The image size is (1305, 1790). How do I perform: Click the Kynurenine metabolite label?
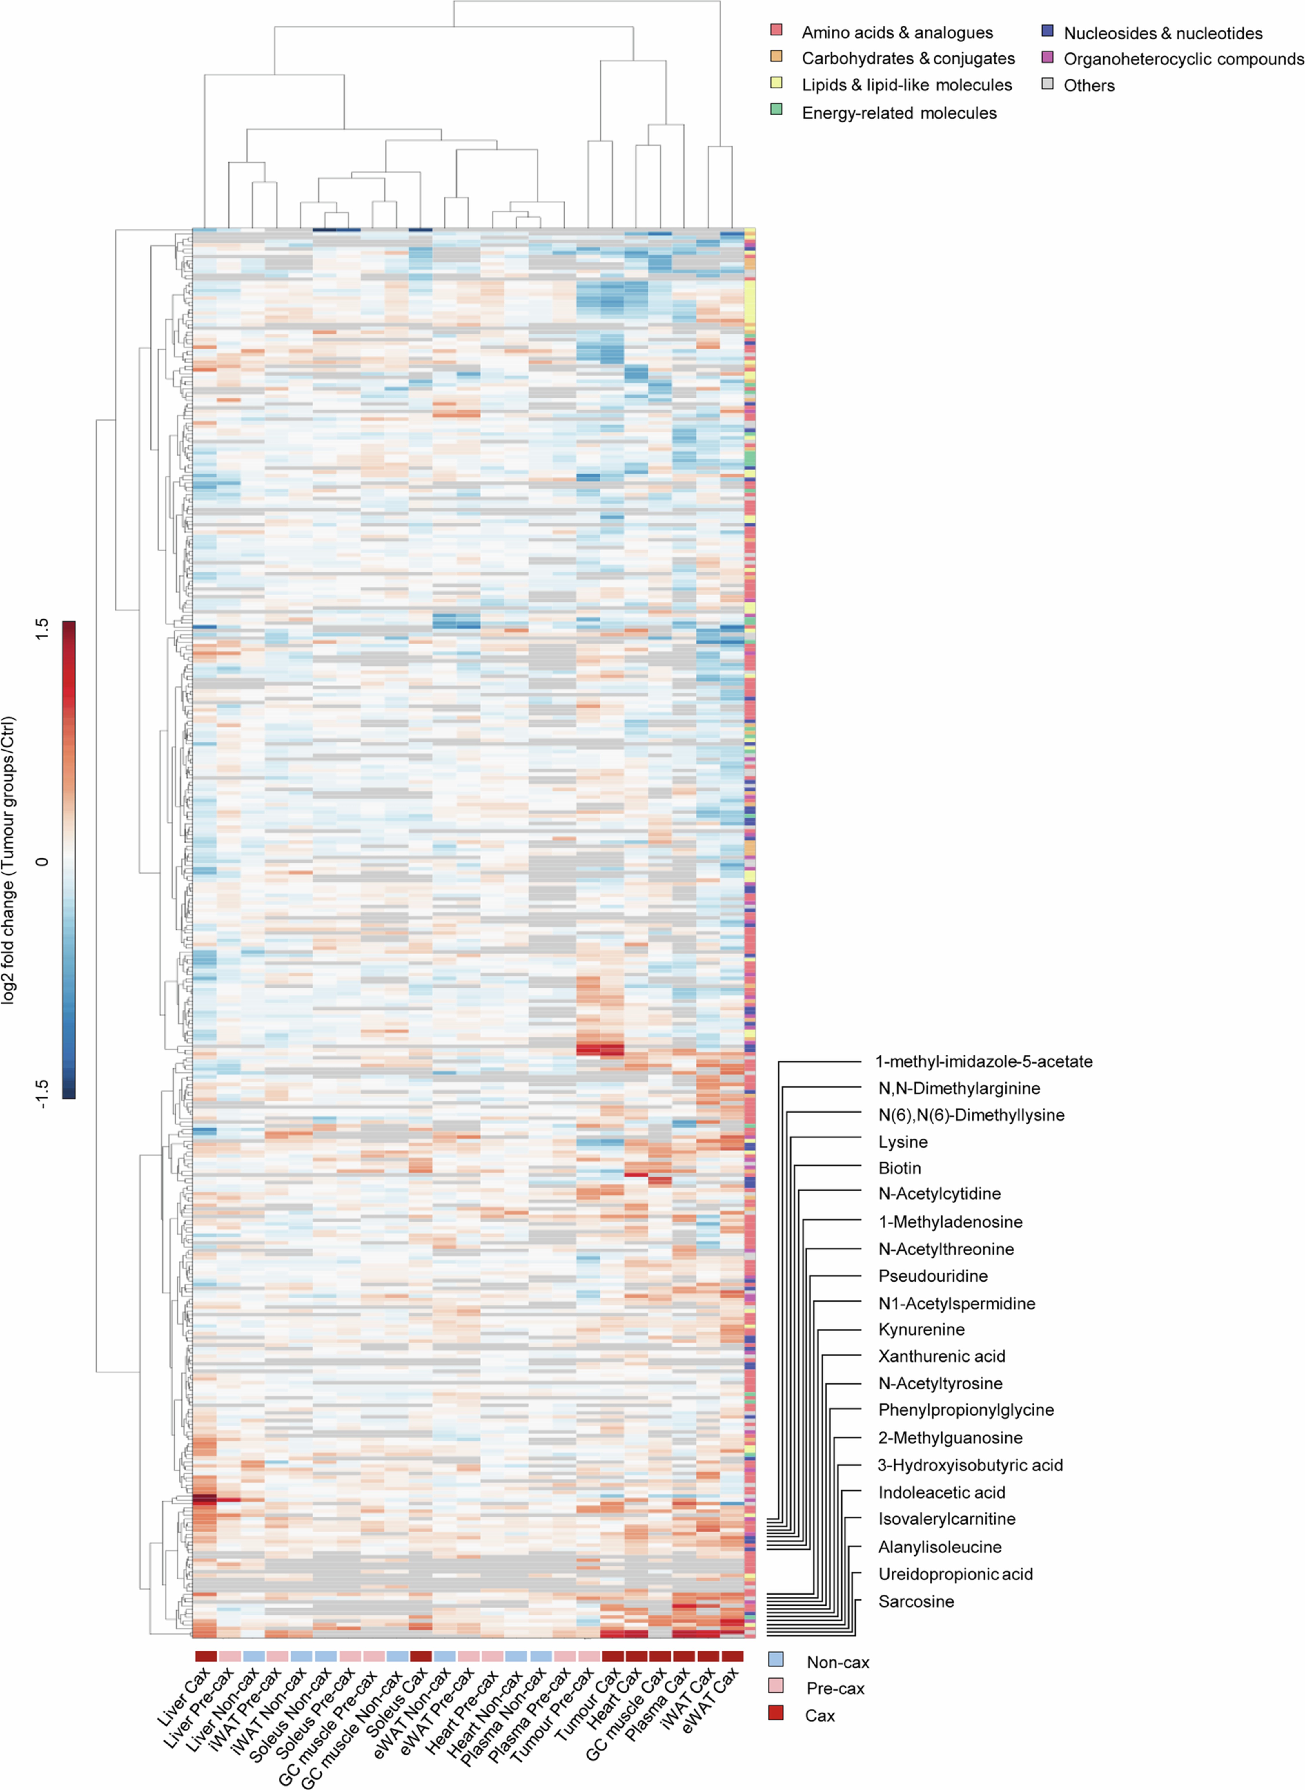pyautogui.click(x=921, y=1329)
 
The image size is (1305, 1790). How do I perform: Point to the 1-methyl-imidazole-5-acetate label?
pyautogui.click(x=983, y=1061)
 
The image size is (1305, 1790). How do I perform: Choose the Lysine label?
pyautogui.click(x=903, y=1142)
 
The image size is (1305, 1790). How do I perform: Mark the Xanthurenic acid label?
pyautogui.click(x=942, y=1356)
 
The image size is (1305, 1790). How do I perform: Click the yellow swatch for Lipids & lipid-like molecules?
pyautogui.click(x=776, y=83)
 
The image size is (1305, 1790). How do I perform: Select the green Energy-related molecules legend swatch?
pyautogui.click(x=776, y=110)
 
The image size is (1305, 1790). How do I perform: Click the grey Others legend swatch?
pyautogui.click(x=1048, y=83)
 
